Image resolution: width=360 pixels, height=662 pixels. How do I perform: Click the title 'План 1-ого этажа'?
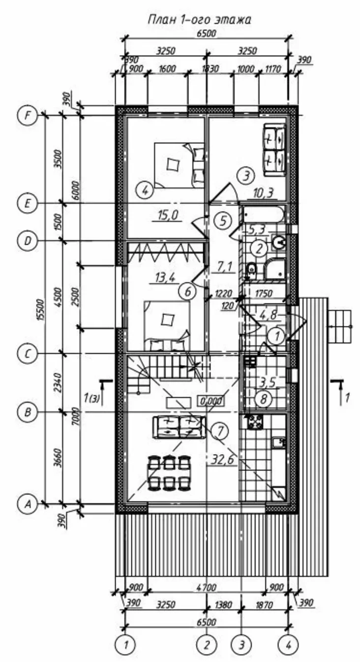coord(200,20)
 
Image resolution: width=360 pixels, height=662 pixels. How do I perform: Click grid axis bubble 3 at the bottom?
coord(241,644)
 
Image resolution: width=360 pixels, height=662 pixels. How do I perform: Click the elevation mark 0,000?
coord(211,401)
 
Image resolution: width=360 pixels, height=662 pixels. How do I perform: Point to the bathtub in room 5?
coord(263,214)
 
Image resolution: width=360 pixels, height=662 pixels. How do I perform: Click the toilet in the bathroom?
coord(251,269)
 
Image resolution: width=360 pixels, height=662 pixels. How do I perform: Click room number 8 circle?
coord(263,399)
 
